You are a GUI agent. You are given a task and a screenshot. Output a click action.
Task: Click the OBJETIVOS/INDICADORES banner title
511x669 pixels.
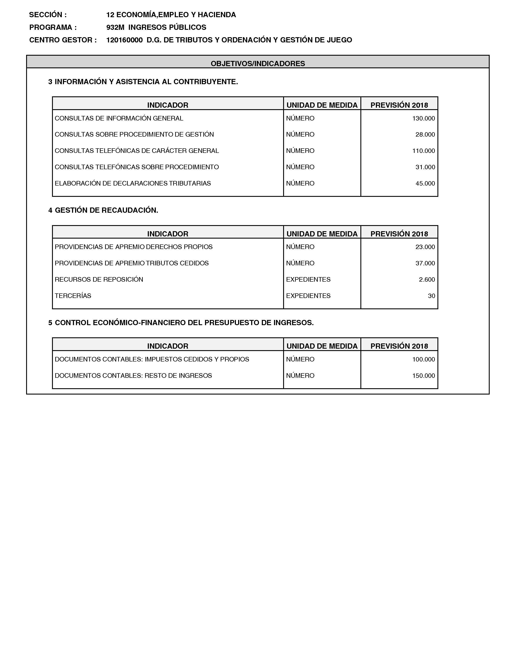[258, 64]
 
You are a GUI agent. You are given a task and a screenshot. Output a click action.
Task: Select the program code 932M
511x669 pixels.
[115, 27]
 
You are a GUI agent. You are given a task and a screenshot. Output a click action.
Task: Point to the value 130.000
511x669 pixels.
[423, 119]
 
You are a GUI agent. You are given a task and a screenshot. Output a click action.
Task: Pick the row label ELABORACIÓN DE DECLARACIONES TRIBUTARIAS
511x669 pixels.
[133, 184]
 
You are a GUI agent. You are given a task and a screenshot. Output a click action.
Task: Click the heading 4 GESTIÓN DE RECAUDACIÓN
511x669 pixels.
[103, 210]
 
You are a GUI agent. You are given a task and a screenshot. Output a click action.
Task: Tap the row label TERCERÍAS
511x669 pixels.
[73, 296]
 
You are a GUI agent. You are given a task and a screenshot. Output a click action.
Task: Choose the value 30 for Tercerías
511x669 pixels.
[431, 296]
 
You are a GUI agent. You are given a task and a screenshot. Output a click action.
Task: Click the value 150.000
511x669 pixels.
[423, 376]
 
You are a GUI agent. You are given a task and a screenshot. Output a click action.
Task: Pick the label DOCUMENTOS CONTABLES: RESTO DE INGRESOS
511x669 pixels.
[133, 376]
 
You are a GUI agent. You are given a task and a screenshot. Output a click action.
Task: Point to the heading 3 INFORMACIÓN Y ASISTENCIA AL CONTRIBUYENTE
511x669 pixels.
[143, 82]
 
